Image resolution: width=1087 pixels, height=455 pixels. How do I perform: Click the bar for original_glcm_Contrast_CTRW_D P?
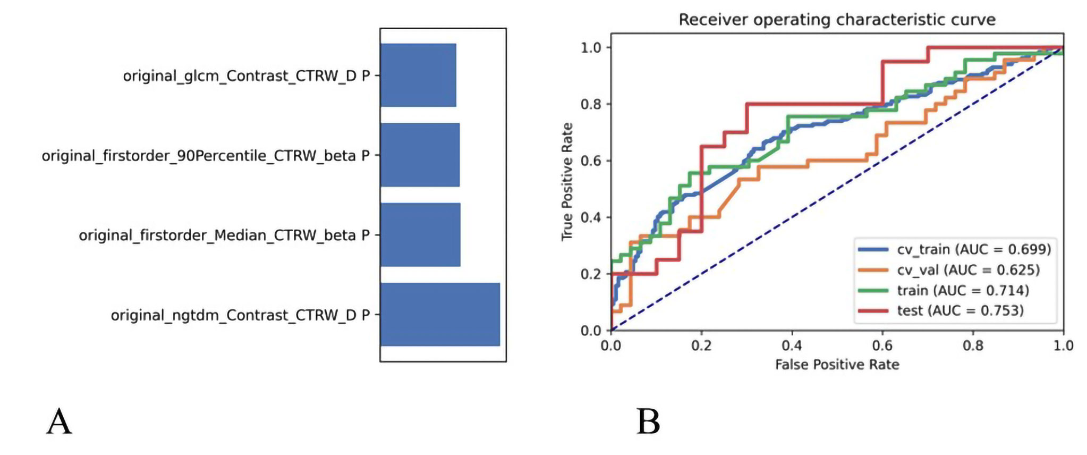tap(418, 75)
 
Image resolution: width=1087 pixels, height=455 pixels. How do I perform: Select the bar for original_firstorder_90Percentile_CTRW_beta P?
tap(420, 155)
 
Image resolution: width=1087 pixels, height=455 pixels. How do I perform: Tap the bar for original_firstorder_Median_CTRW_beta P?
tap(420, 234)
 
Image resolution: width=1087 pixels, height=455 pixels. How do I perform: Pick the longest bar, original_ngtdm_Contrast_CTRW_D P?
tap(440, 314)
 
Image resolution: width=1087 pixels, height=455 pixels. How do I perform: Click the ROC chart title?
tap(837, 20)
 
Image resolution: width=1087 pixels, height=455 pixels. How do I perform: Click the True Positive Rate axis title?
tap(567, 181)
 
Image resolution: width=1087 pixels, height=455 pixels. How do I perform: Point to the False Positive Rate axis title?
tap(837, 365)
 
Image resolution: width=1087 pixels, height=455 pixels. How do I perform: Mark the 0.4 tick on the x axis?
tap(792, 346)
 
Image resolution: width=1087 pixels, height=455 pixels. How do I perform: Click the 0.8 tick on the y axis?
tap(591, 104)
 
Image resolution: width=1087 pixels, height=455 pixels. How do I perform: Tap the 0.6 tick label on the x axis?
tap(882, 346)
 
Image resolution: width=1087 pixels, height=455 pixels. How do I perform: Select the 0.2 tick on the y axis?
tap(591, 274)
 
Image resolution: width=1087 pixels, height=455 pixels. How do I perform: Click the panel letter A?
tap(59, 422)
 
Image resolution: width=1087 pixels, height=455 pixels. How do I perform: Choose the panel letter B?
tap(648, 422)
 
